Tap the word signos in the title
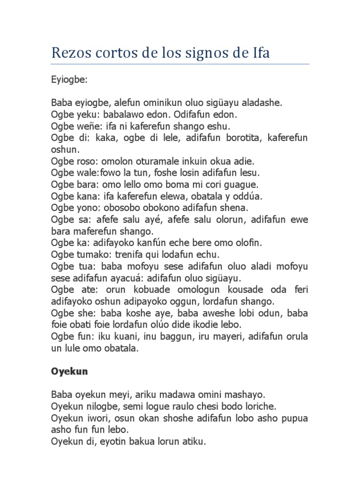click(x=212, y=53)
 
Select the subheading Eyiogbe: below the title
click(x=69, y=80)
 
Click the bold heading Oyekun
click(x=69, y=372)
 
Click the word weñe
click(x=84, y=127)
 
